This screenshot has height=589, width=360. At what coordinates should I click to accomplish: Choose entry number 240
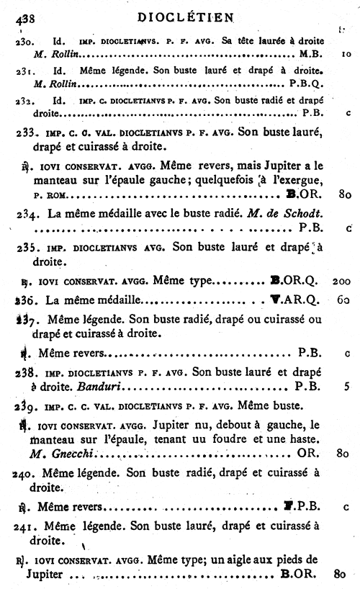24,472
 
